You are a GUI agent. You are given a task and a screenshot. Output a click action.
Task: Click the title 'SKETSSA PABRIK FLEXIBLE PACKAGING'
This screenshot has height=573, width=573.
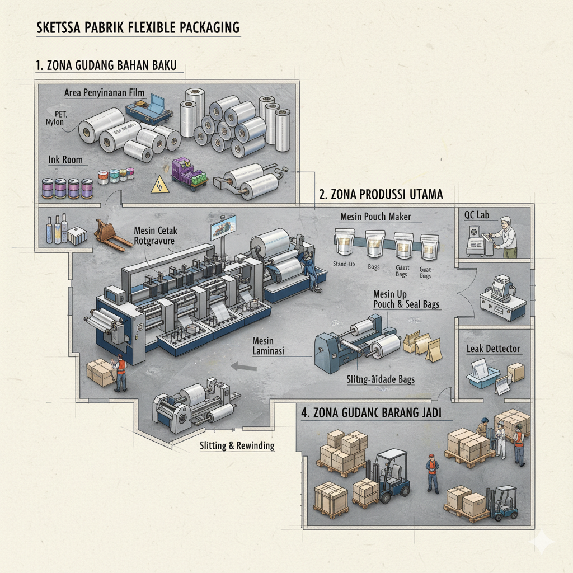[x=138, y=27]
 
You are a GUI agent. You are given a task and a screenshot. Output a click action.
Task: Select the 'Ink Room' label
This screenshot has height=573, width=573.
[x=65, y=160]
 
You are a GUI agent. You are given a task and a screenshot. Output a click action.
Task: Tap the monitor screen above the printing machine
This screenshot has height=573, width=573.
[x=223, y=229]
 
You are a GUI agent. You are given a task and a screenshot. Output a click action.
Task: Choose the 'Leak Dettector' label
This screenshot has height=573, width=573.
[x=493, y=349]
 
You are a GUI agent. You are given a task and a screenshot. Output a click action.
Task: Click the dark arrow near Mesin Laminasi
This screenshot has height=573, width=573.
[x=244, y=367]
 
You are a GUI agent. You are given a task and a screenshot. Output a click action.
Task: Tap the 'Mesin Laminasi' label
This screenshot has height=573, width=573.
[x=269, y=346]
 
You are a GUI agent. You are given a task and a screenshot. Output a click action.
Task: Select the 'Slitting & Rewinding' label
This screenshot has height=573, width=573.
[x=237, y=446]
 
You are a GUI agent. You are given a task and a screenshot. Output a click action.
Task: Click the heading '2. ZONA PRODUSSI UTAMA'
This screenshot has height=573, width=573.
[x=381, y=195]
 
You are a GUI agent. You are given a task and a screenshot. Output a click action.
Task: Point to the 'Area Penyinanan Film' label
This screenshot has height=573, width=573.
[x=105, y=92]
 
